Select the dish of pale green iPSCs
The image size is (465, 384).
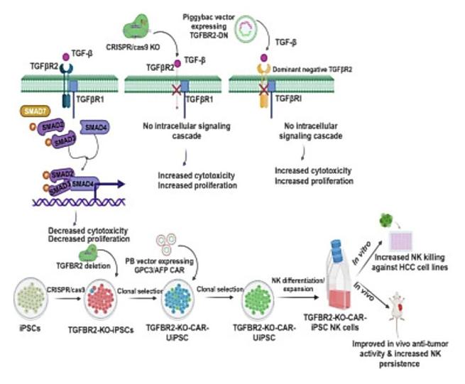pyautogui.click(x=28, y=300)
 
